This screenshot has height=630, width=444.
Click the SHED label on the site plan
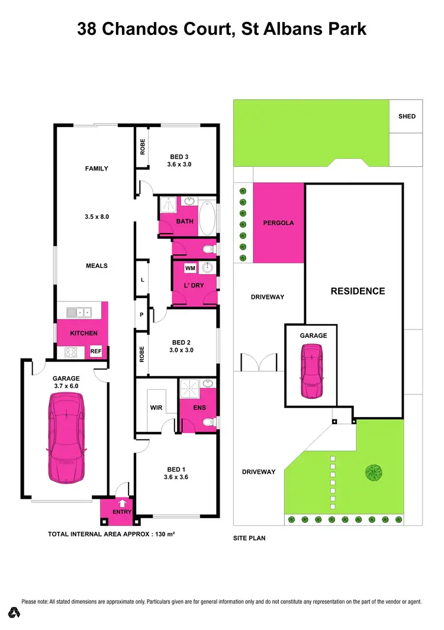(x=407, y=116)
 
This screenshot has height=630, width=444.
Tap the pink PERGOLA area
(x=278, y=223)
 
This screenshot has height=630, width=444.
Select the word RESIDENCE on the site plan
(x=358, y=291)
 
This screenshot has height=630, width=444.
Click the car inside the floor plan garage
(x=65, y=438)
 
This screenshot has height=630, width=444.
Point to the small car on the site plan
(x=313, y=371)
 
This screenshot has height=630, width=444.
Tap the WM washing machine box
(x=190, y=269)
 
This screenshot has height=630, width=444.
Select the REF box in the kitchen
(x=96, y=351)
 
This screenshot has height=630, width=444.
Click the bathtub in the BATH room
(x=207, y=219)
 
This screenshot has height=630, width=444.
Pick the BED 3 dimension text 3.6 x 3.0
(x=181, y=165)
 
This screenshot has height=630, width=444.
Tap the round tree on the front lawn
(x=374, y=472)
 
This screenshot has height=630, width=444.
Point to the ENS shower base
(x=191, y=389)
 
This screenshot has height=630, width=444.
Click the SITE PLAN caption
(x=249, y=539)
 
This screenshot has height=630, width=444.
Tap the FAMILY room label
(x=96, y=169)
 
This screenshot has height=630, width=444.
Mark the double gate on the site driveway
(x=259, y=361)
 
